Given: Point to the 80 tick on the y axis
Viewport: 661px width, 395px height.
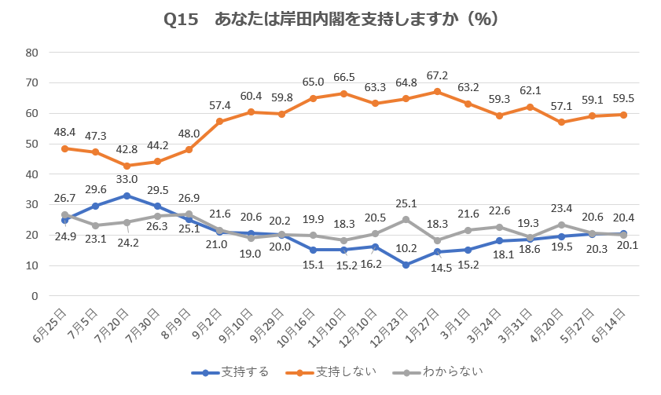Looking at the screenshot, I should tap(32, 53).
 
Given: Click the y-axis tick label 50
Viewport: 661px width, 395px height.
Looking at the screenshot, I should tap(32, 144).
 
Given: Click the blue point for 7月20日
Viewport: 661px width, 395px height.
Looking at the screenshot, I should tap(127, 196).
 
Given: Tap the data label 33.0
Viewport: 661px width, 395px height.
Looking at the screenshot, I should tap(127, 179).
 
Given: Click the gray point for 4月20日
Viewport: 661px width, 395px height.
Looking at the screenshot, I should tap(561, 225).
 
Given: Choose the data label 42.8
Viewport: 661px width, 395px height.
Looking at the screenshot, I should tap(126, 149).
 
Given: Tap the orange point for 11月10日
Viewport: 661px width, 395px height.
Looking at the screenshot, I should tap(343, 93).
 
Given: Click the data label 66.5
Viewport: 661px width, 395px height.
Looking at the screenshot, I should tap(343, 77).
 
